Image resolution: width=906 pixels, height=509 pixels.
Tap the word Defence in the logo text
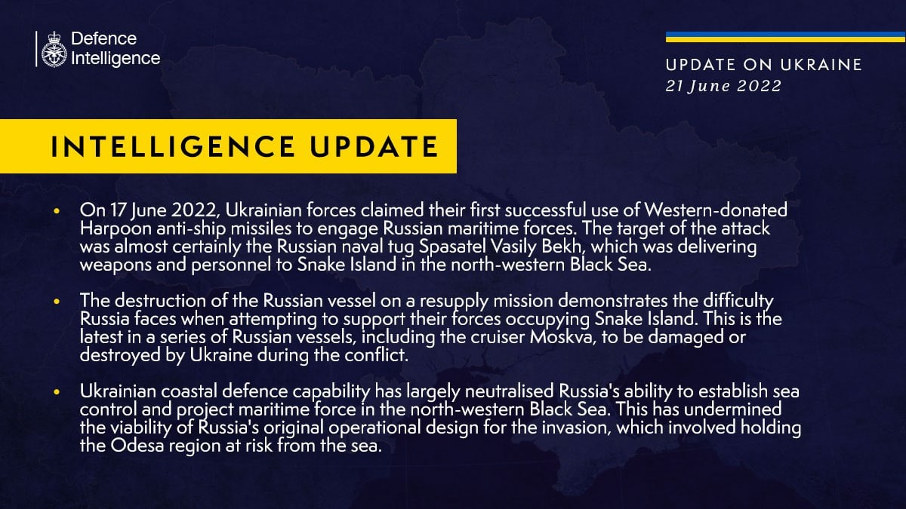103,38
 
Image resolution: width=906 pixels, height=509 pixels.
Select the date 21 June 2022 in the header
723,86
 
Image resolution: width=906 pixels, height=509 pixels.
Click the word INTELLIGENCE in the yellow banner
171,146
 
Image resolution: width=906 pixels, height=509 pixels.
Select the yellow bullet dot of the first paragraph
57,212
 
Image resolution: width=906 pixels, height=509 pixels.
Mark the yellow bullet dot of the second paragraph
57,302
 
